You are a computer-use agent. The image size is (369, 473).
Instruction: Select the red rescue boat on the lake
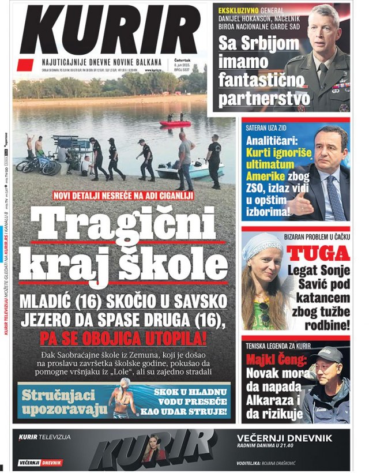click(x=175, y=123)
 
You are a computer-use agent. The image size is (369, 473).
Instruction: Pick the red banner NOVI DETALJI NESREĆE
click(x=123, y=196)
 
